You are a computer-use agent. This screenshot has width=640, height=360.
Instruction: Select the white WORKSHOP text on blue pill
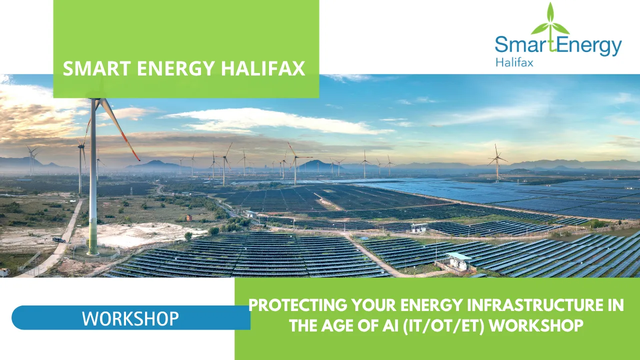pyautogui.click(x=130, y=318)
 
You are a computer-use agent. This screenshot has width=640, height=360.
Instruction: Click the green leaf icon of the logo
pyautogui.click(x=550, y=22)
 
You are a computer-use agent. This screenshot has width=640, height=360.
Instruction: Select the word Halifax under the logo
pyautogui.click(x=514, y=63)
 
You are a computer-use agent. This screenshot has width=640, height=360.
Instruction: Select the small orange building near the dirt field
pyautogui.click(x=189, y=217)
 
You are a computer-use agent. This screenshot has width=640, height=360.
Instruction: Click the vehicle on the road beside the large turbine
pyautogui.click(x=59, y=240)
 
